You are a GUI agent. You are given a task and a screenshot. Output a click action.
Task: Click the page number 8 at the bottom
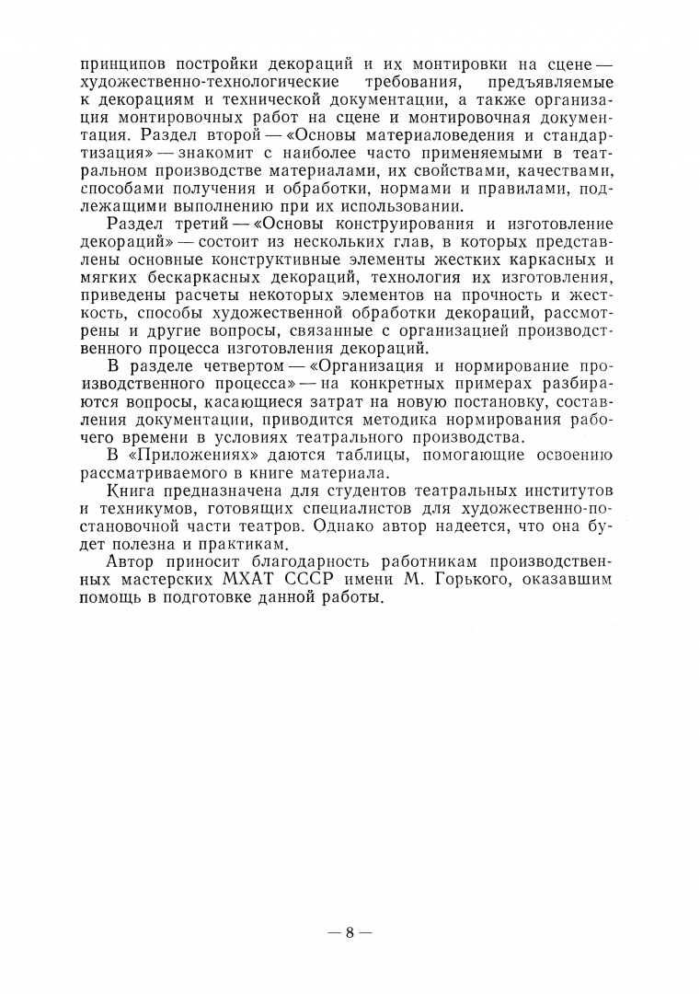350,931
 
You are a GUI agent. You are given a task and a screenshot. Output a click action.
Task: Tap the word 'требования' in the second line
413,83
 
